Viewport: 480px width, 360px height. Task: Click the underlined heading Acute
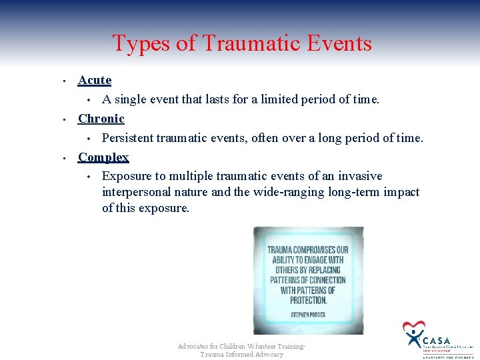[x=95, y=80]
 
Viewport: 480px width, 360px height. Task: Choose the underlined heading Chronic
[x=101, y=119]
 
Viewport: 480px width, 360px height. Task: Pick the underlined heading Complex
[x=103, y=157]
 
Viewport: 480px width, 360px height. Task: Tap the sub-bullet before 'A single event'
[x=88, y=101]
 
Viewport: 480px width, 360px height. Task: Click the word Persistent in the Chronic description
[x=127, y=138]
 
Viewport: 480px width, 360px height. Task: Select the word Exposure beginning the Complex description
[x=125, y=176]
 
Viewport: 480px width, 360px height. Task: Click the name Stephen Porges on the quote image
[x=308, y=313]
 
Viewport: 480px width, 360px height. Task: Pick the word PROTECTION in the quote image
[x=308, y=300]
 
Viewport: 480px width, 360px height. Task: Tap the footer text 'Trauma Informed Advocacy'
[x=241, y=355]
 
